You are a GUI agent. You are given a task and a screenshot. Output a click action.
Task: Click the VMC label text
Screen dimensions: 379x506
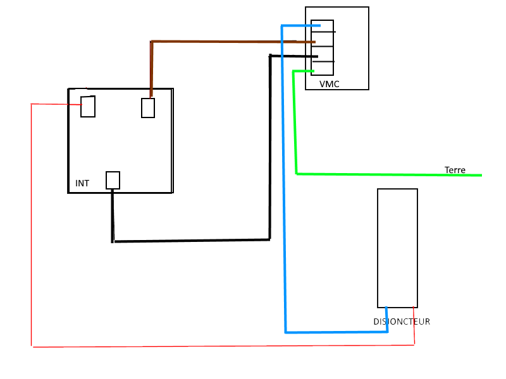[329, 84]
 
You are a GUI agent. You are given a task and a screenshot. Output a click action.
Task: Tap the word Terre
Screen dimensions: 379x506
[455, 171]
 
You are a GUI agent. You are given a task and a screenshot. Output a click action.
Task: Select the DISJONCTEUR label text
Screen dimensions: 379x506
[401, 322]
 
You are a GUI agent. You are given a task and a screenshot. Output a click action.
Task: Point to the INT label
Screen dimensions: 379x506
[82, 183]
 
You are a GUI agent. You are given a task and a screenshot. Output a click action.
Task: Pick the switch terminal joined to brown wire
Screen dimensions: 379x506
[148, 108]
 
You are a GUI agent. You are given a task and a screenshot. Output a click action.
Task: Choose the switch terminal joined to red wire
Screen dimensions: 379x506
[88, 107]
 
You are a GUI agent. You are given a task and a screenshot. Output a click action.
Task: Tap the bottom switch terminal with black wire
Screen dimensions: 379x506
[113, 180]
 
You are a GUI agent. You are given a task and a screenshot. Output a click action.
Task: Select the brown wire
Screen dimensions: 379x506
[221, 42]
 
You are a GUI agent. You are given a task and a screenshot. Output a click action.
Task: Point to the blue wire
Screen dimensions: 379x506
[284, 189]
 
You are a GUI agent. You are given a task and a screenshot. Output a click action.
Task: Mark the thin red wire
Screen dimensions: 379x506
[190, 346]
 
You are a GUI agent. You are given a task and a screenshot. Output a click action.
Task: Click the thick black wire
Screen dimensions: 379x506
[190, 241]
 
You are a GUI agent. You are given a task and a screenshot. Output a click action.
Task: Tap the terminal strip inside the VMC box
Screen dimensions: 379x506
[323, 47]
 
